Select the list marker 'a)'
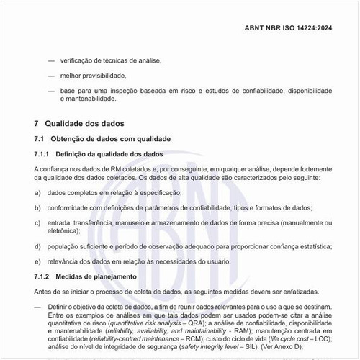pyautogui.click(x=37, y=193)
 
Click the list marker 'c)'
pyautogui.click(x=37, y=222)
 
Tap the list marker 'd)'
pyautogui.click(x=37, y=246)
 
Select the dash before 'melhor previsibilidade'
pyautogui.click(x=50, y=75)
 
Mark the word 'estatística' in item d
pyautogui.click(x=312, y=246)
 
